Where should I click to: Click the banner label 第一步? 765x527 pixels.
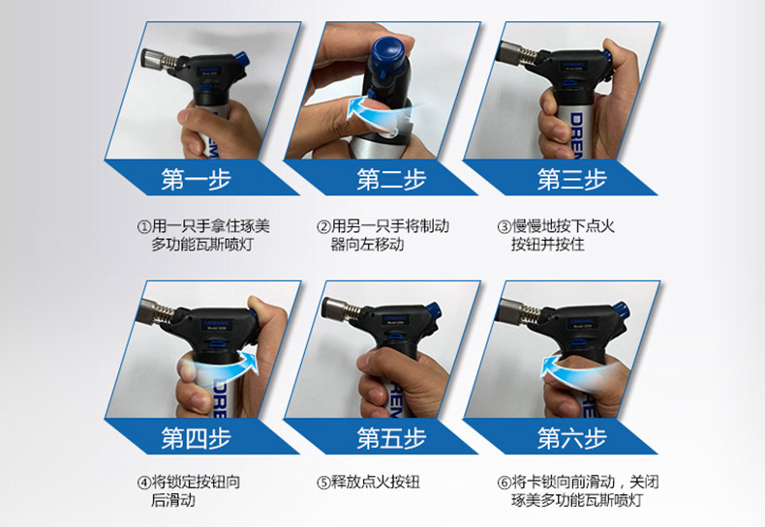[x=196, y=179]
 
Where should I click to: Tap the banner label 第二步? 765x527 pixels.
[x=391, y=179]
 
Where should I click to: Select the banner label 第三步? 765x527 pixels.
[x=571, y=179]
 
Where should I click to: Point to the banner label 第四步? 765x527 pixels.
[x=196, y=438]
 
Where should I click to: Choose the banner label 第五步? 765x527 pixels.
[x=391, y=438]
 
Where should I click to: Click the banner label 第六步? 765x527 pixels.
[x=571, y=438]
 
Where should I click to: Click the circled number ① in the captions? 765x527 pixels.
[x=144, y=226]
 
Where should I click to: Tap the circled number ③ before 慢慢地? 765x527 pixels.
[x=504, y=226]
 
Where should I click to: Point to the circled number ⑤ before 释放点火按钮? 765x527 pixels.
[x=324, y=483]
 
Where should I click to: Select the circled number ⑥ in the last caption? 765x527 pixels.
[x=504, y=483]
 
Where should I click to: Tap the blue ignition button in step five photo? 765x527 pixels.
[x=432, y=310]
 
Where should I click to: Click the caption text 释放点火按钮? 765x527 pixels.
[x=375, y=483]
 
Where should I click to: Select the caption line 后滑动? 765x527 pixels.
[x=173, y=500]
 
